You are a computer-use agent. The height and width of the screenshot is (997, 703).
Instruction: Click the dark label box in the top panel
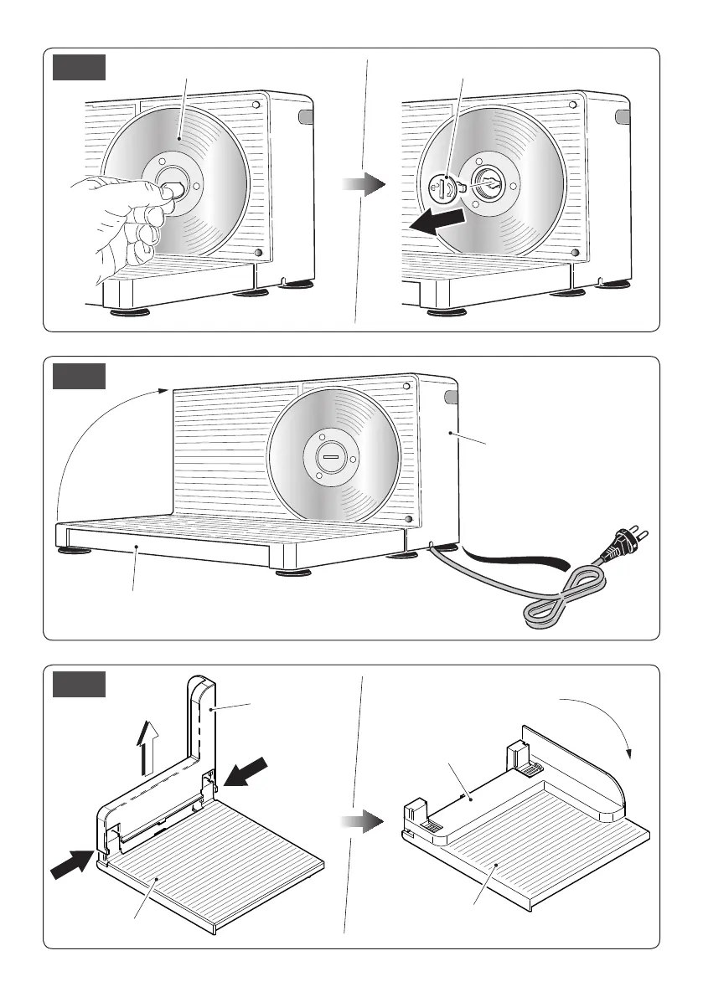[x=80, y=68]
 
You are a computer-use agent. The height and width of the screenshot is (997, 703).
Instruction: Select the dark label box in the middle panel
[x=80, y=376]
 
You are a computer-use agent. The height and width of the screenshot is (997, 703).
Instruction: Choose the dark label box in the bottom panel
[x=80, y=684]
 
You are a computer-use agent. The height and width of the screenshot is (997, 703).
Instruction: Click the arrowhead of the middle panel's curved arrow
[x=164, y=388]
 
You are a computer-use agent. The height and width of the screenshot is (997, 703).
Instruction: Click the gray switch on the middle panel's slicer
[x=452, y=397]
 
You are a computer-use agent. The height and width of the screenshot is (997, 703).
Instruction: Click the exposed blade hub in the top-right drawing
[x=488, y=183]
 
